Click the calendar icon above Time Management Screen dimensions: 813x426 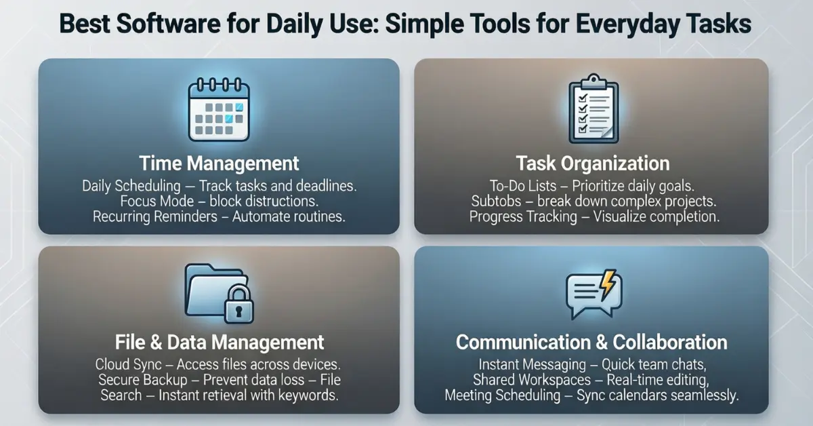219,109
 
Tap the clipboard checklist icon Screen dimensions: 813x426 593,109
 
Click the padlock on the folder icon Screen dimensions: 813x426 238,304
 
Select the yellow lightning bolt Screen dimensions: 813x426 608,285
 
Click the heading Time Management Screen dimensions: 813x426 219,163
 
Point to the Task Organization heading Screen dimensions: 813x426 593,163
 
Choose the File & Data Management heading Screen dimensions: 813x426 220,342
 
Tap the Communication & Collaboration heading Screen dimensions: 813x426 591,342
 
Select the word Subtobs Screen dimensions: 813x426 496,201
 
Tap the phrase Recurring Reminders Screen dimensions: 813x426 155,216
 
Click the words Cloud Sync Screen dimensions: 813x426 129,364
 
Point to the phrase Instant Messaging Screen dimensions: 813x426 532,364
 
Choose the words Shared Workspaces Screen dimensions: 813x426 532,380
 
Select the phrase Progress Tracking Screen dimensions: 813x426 523,216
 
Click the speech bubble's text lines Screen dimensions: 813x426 585,291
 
